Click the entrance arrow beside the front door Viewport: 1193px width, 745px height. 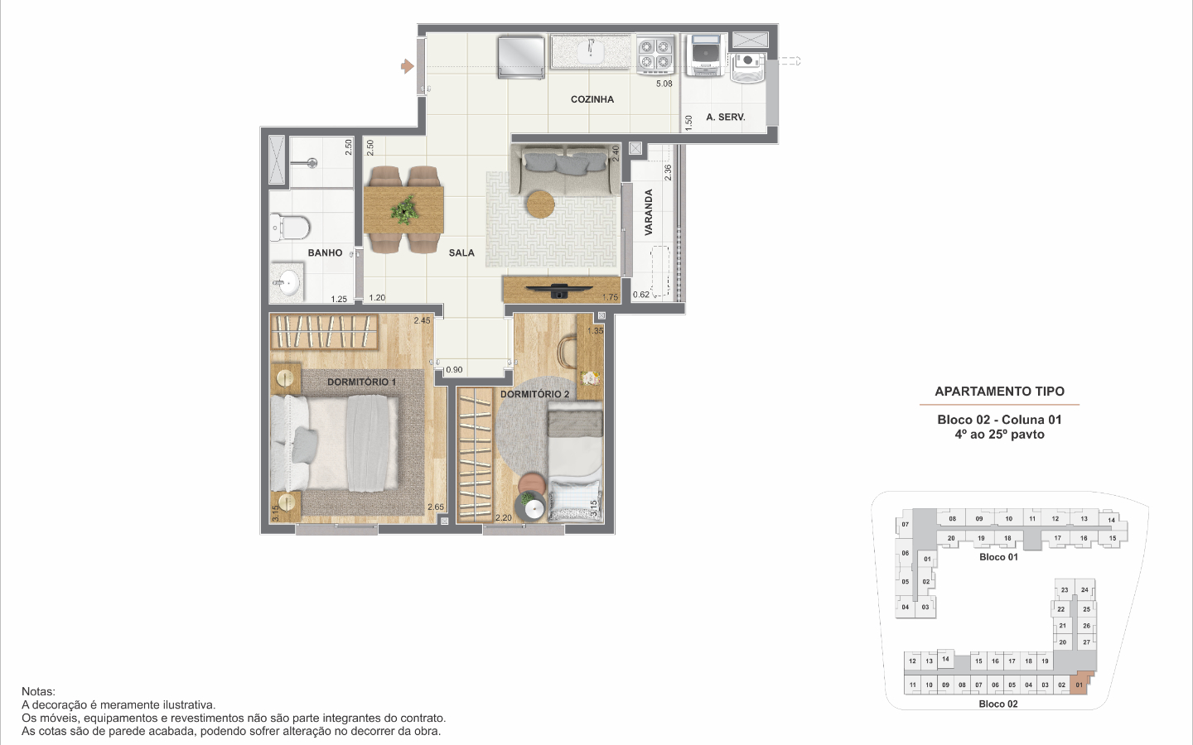coord(408,66)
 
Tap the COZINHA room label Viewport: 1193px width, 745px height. coord(592,99)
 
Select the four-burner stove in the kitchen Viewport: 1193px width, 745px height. coord(655,55)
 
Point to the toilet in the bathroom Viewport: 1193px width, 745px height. coord(290,227)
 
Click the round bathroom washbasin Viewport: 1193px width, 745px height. coord(288,282)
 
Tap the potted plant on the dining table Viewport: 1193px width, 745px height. coord(405,209)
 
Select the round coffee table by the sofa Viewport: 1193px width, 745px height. coord(540,204)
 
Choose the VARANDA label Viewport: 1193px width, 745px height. coord(649,212)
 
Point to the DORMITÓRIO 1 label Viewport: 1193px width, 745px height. coord(361,382)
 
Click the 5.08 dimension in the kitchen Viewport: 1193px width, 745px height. coord(664,84)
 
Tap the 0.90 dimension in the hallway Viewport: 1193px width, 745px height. coord(454,370)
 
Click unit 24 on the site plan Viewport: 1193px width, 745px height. coord(1085,589)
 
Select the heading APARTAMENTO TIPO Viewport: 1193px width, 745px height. coord(1000,392)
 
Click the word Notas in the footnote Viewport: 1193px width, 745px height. coord(38,692)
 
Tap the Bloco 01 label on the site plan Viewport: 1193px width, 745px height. coord(998,557)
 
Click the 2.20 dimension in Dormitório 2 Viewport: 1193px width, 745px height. coord(504,518)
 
